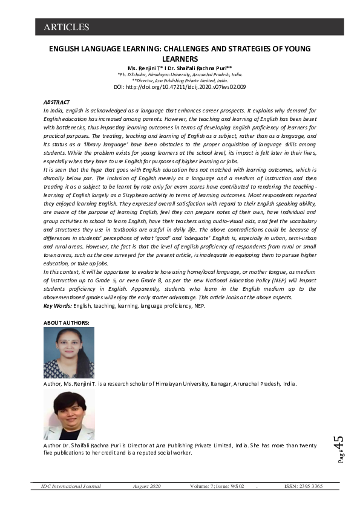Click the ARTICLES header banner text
(x=67, y=27)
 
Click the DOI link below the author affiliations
(x=180, y=87)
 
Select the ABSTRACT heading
(x=57, y=103)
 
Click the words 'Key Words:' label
(x=57, y=306)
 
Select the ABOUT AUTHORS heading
(x=67, y=323)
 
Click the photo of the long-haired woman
(x=68, y=352)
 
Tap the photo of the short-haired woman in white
(x=68, y=415)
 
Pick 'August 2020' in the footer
(x=147, y=486)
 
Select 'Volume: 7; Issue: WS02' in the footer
(x=216, y=486)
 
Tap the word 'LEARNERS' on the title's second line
(x=180, y=59)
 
